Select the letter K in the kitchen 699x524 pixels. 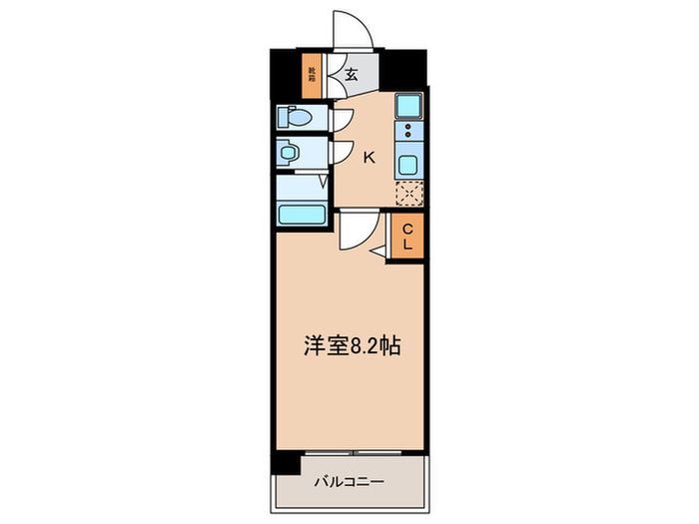(368, 157)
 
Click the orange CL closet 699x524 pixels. (408, 239)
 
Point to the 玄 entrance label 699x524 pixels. (352, 73)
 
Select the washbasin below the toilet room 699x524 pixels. (292, 155)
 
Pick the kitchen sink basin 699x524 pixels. (409, 165)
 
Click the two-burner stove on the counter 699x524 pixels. (409, 133)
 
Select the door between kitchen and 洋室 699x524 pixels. (354, 233)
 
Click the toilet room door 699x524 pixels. (341, 118)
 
